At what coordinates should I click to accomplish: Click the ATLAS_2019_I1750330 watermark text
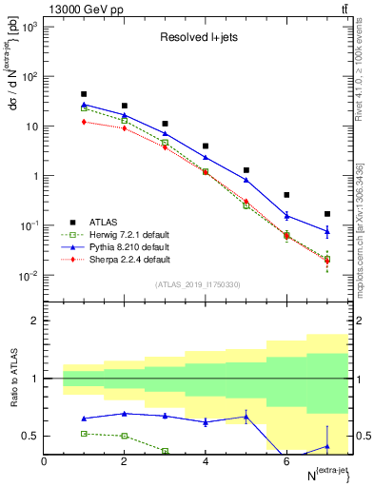click(x=198, y=283)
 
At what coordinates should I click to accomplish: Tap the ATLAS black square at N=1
click(x=85, y=94)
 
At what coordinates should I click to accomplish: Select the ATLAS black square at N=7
click(x=327, y=214)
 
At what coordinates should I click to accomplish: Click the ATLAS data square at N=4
click(x=206, y=146)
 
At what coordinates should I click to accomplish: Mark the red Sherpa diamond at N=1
click(x=85, y=122)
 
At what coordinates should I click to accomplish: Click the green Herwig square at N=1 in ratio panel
click(x=85, y=433)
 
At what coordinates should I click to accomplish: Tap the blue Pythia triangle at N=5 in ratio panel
click(x=246, y=417)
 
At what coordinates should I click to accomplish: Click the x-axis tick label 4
click(x=206, y=461)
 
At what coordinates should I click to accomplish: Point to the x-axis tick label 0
click(x=45, y=461)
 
